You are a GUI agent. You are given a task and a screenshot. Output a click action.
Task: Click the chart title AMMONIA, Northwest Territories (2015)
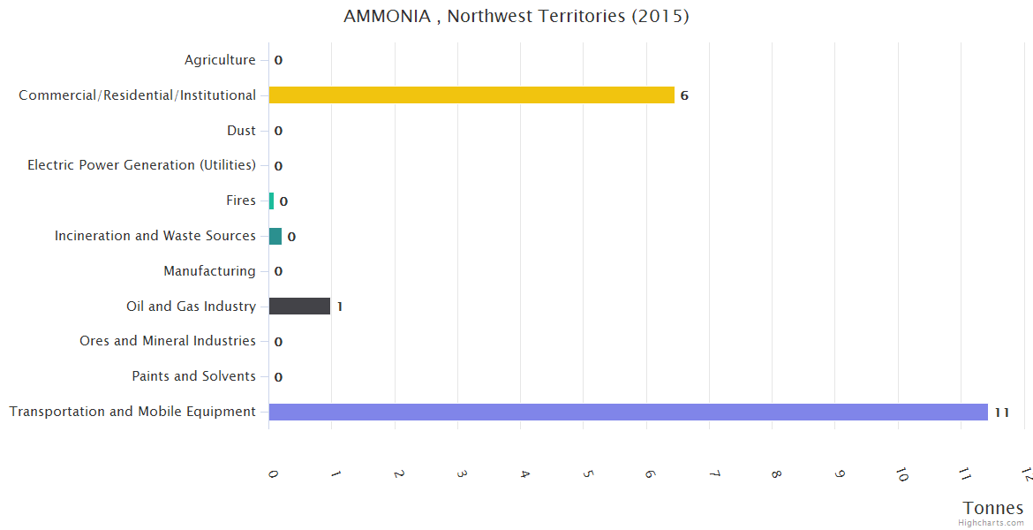point(516,17)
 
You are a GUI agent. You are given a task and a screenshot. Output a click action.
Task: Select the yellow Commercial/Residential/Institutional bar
point(471,95)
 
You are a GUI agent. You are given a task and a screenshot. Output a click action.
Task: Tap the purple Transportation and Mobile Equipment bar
point(628,412)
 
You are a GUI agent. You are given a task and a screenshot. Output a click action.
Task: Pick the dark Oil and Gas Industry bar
point(299,307)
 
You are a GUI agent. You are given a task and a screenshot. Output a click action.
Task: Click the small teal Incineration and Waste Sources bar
point(275,236)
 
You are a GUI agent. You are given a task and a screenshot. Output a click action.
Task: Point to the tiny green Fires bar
point(271,201)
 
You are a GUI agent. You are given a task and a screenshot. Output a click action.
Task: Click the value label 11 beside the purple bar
point(1001,413)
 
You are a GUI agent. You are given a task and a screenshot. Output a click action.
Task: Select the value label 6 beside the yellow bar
point(684,95)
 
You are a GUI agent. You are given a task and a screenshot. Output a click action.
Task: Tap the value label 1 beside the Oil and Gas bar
point(340,307)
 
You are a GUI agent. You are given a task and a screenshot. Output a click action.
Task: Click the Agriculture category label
point(220,60)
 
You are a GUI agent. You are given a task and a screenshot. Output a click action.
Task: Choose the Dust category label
point(241,131)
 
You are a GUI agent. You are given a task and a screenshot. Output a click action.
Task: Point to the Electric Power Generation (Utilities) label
point(141,165)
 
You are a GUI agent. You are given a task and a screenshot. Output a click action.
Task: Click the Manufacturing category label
point(209,271)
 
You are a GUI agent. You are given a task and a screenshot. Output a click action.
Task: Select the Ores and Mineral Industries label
point(168,341)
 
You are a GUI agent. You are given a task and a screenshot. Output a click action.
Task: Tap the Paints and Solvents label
point(193,376)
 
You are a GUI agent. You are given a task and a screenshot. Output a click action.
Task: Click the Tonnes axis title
point(993,508)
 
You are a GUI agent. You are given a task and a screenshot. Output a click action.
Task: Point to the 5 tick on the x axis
point(587,473)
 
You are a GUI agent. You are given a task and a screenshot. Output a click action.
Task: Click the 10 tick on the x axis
point(901,474)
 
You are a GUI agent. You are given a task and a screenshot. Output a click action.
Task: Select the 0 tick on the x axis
point(273,473)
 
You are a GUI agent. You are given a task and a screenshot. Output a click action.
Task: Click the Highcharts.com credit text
point(991,523)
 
